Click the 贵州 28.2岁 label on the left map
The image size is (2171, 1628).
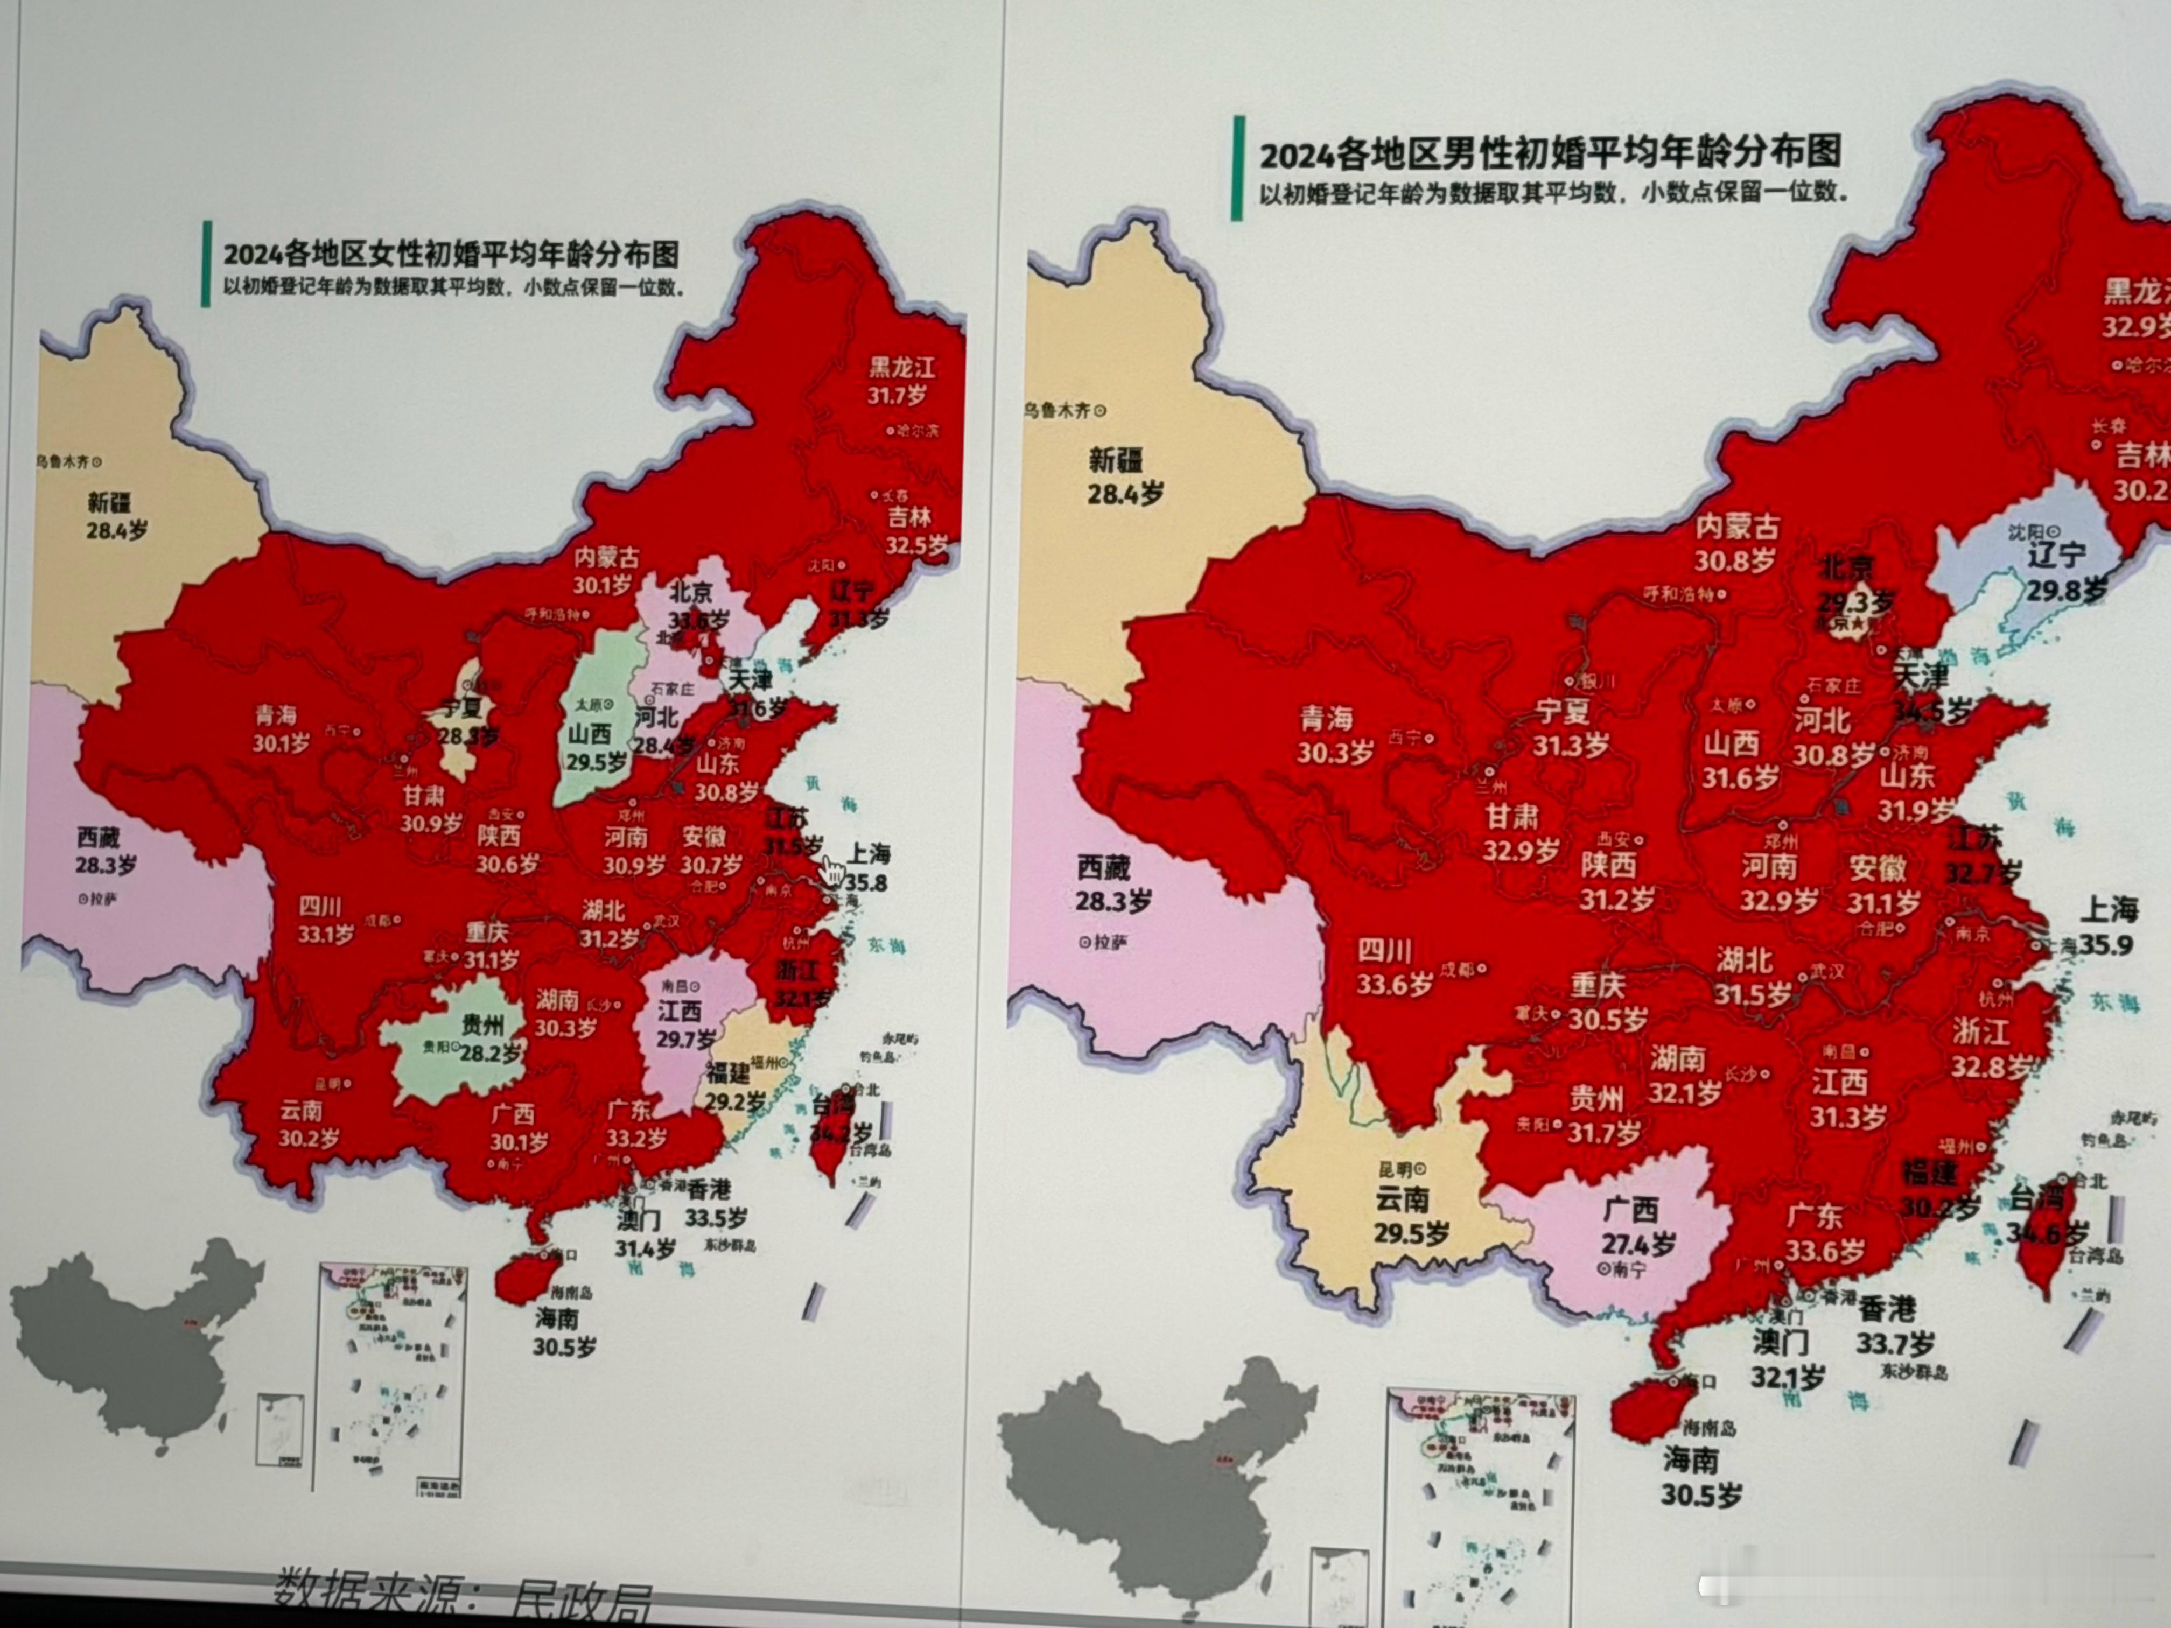coord(485,1039)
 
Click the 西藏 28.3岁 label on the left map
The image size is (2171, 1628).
coord(104,851)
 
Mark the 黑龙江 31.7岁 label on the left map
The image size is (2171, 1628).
coord(900,381)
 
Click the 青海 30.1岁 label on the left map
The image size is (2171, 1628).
coord(279,728)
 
